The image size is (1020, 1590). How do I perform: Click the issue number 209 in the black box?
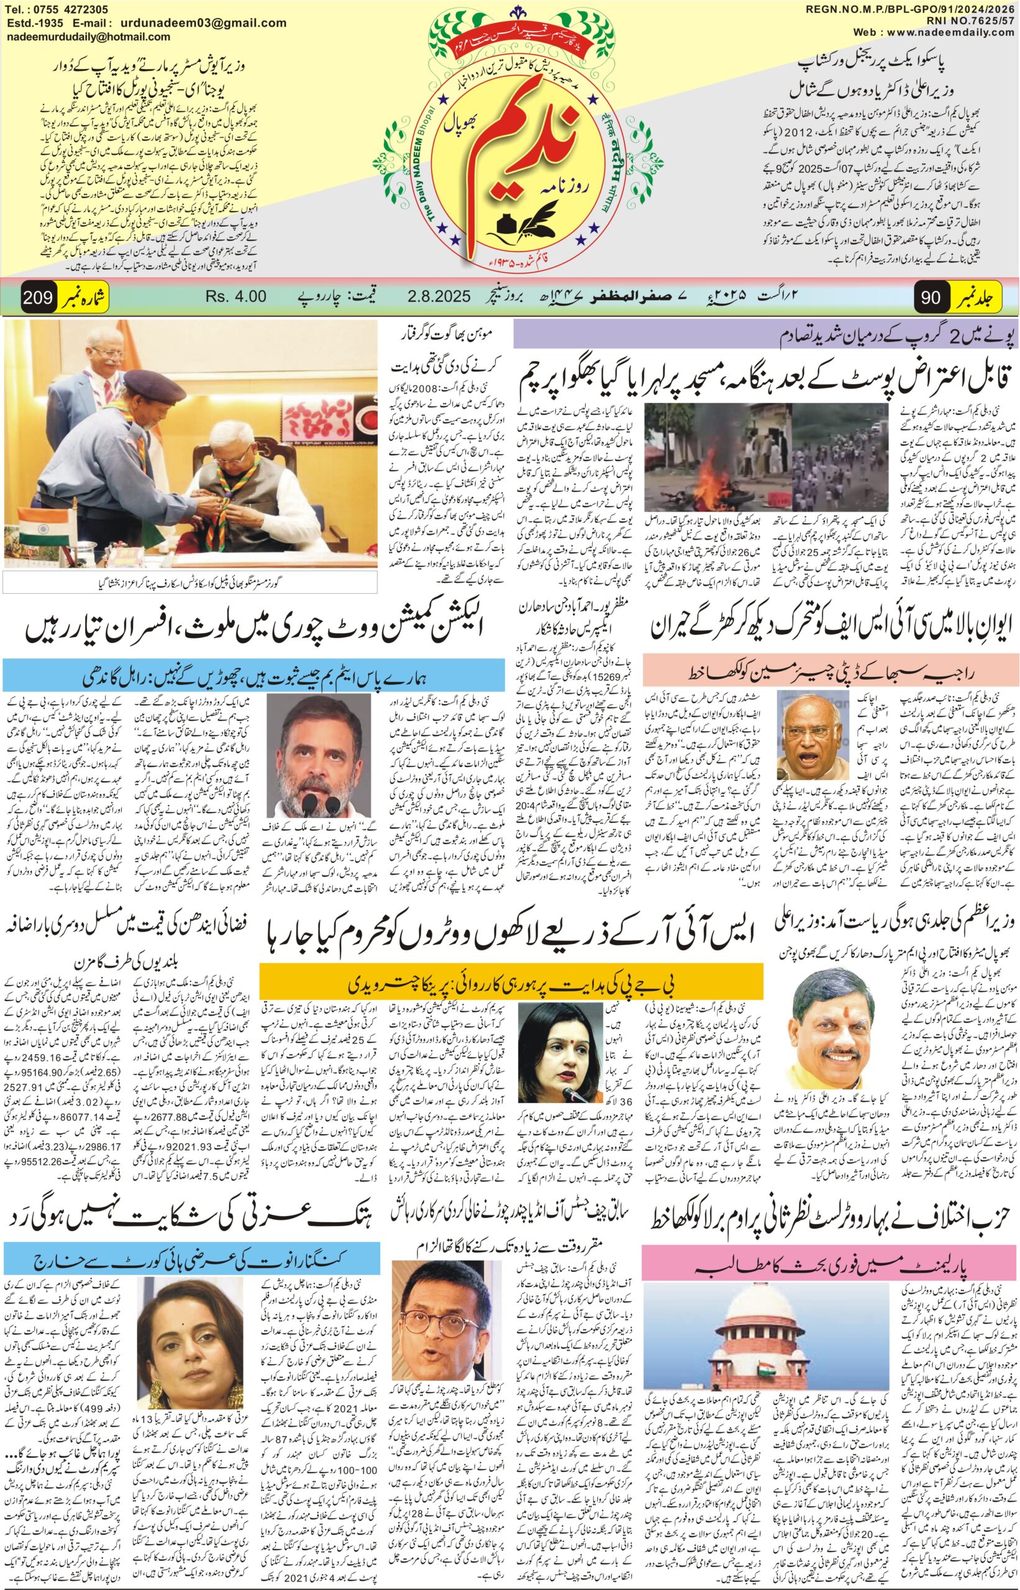[x=38, y=298]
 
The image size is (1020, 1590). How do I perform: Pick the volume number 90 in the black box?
[x=931, y=298]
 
